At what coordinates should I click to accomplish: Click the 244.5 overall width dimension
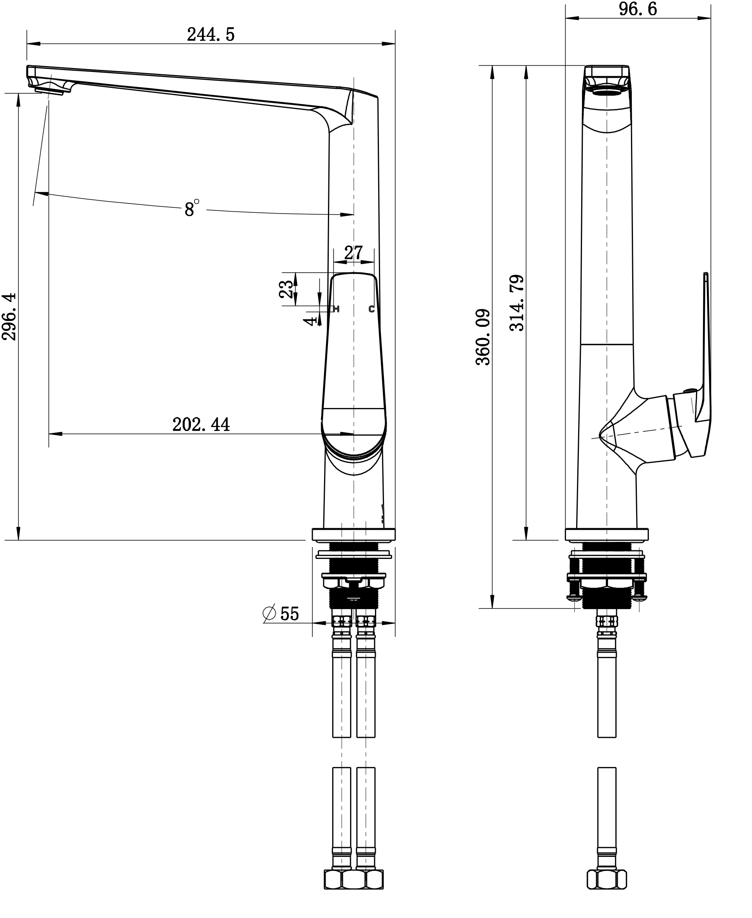(210, 35)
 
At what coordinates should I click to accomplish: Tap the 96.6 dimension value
(637, 9)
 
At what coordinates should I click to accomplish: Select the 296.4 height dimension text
(9, 317)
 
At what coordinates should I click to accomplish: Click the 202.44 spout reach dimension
(201, 425)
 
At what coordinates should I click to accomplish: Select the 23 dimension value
(286, 289)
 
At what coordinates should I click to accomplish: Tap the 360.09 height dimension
(483, 337)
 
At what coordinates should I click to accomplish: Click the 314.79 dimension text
(517, 303)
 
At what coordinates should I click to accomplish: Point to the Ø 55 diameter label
(282, 613)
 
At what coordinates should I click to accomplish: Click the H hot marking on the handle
(337, 309)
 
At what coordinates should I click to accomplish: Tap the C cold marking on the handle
(371, 309)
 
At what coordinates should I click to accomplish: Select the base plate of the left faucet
(354, 534)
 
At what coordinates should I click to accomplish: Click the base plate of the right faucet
(607, 534)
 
